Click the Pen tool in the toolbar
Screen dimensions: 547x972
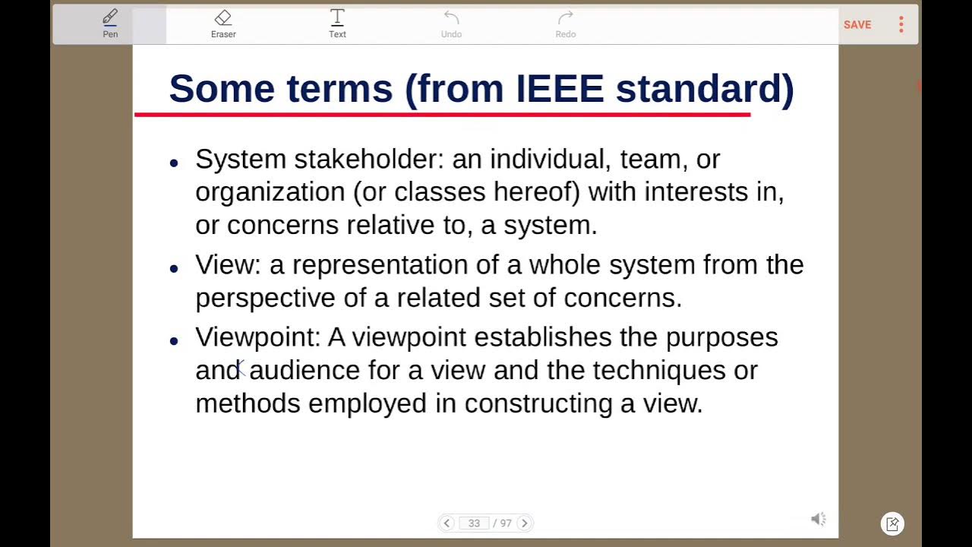point(110,23)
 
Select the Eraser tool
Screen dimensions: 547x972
point(223,23)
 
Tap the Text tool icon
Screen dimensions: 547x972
point(337,23)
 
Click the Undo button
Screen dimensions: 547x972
point(451,23)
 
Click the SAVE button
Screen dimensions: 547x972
point(857,25)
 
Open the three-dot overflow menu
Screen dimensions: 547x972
point(901,25)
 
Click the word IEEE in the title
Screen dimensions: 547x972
point(560,89)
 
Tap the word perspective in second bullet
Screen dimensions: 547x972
point(265,298)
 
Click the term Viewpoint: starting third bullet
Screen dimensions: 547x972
point(258,337)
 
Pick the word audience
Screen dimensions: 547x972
point(305,370)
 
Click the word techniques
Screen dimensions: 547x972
point(659,370)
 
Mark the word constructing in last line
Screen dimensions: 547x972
point(538,403)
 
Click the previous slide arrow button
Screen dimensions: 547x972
point(447,523)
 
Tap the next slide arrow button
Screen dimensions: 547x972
point(524,523)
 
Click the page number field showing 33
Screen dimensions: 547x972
point(475,523)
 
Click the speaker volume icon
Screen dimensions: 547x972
point(818,519)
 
